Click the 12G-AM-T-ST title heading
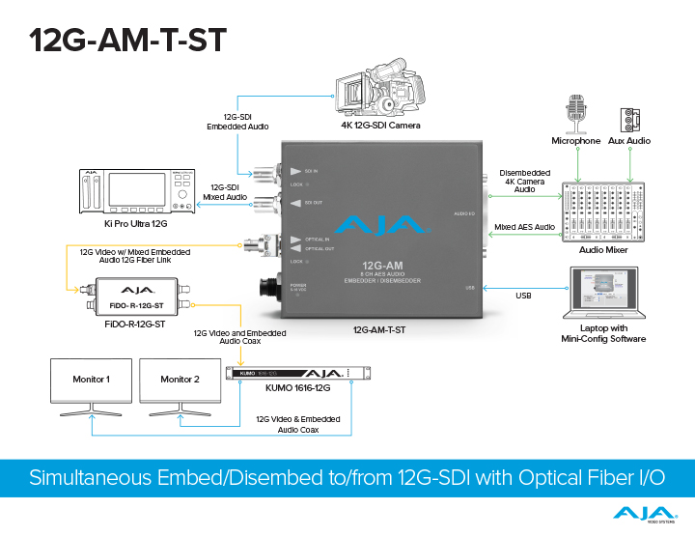pos(127,40)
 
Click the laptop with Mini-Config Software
pos(608,295)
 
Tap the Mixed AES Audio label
pos(525,227)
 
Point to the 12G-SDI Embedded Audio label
pos(236,123)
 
